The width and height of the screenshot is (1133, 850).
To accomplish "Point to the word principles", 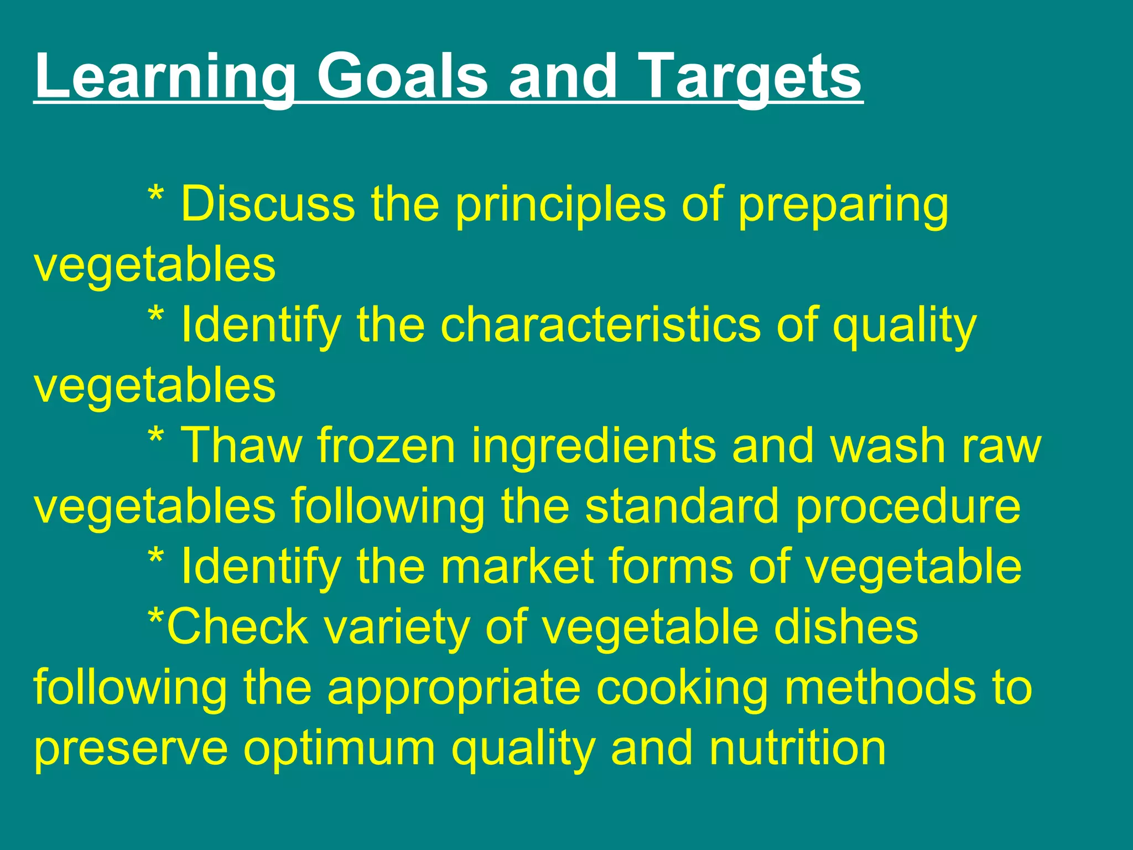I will point(560,205).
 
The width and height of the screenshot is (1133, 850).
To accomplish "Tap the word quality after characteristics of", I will point(904,326).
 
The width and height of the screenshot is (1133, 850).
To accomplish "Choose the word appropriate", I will point(454,689).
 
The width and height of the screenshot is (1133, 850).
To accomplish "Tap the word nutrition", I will point(797,748).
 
